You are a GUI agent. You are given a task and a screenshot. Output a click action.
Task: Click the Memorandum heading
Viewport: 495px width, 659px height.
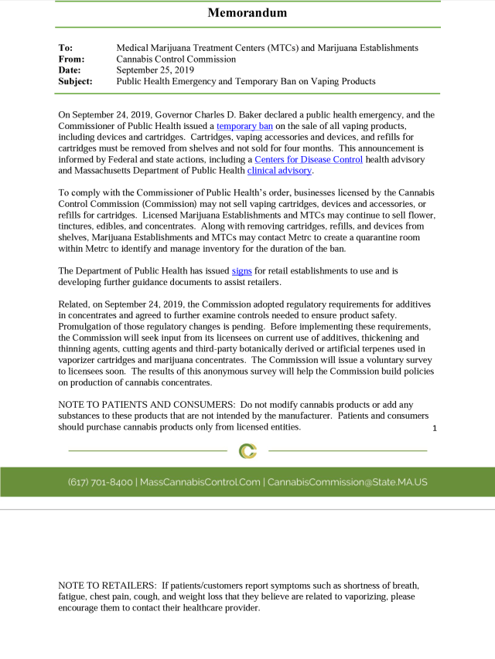point(247,12)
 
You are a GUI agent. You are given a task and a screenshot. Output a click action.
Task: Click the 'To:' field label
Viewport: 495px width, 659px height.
point(66,48)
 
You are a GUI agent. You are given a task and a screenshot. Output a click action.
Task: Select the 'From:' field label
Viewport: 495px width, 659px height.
point(71,59)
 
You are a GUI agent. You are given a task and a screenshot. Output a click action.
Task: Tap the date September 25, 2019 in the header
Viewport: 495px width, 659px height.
point(155,70)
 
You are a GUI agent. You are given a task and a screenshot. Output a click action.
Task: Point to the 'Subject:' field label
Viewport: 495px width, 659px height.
point(75,80)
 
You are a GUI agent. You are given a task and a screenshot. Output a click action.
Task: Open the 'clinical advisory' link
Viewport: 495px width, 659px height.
point(279,170)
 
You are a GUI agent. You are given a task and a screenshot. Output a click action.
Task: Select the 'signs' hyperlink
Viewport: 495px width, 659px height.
point(241,270)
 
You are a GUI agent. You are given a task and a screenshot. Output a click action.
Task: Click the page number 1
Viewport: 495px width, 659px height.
point(435,428)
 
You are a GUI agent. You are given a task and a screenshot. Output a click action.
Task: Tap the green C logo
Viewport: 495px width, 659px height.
point(247,450)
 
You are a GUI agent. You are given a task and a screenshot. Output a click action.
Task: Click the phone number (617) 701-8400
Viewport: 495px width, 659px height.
point(101,482)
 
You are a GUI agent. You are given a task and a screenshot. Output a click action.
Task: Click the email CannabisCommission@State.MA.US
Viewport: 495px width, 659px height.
point(347,482)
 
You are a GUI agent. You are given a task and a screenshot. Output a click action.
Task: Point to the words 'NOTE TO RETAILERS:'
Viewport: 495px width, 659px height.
point(108,585)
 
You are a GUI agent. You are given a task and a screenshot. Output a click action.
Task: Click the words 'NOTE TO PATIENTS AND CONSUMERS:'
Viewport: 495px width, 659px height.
point(147,405)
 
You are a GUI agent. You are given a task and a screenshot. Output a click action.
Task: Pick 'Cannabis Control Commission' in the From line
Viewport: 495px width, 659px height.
point(176,59)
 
